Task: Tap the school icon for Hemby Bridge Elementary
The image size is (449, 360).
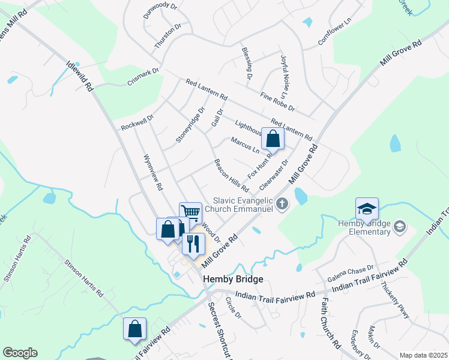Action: (367, 209)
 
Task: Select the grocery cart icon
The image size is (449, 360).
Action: (190, 212)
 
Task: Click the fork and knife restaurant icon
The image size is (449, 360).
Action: (193, 244)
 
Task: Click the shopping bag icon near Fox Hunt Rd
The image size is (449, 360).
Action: (273, 139)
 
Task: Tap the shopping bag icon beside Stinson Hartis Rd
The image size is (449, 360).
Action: (135, 329)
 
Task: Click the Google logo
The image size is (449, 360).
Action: (20, 353)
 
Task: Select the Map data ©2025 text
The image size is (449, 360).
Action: (423, 355)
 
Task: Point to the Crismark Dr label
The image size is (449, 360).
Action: (143, 77)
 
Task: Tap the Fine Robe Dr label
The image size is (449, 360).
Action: (278, 101)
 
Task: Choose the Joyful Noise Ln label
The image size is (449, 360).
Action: (284, 76)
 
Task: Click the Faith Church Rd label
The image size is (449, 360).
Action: (330, 324)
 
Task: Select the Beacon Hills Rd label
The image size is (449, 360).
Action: (231, 175)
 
